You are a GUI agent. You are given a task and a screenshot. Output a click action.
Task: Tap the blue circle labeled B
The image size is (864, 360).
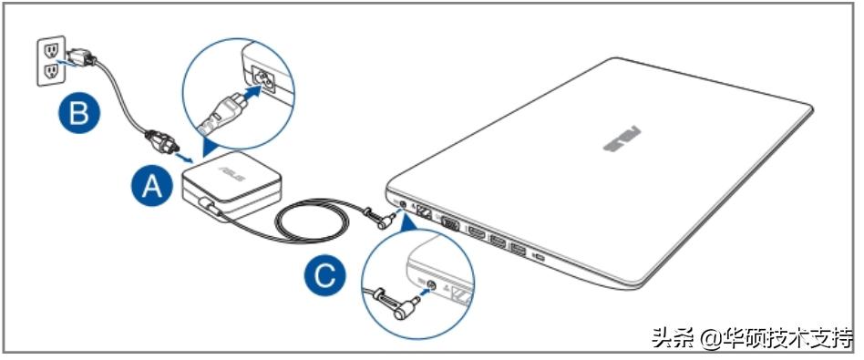79,115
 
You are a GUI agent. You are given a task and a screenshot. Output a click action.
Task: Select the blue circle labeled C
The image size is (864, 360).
325,274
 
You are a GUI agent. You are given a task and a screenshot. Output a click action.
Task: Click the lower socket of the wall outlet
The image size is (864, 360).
51,70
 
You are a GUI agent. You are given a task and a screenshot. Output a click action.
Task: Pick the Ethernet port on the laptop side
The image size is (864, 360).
426,211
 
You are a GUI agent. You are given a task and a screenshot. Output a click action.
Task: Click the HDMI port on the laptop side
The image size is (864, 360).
475,233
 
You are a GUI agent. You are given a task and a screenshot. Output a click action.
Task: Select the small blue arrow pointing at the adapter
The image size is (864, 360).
183,159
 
